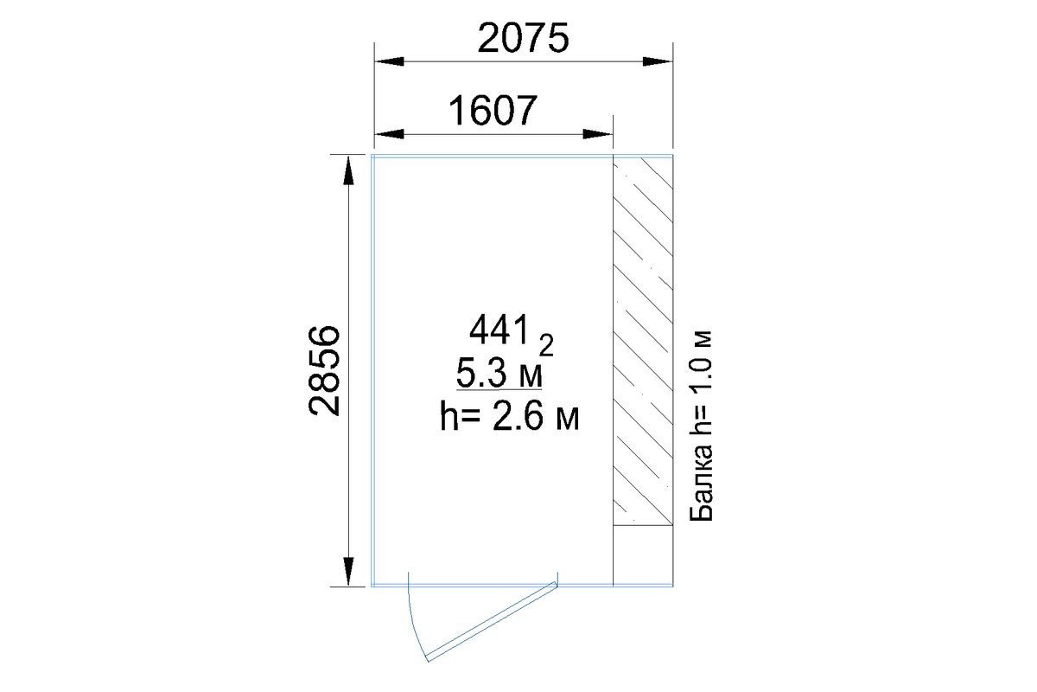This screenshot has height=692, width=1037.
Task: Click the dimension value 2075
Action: click(x=523, y=38)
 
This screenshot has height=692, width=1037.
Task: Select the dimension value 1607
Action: click(x=493, y=111)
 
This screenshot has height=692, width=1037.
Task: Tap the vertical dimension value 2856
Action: click(x=324, y=371)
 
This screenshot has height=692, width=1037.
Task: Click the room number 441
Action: click(x=499, y=330)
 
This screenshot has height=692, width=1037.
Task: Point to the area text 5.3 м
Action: click(x=499, y=374)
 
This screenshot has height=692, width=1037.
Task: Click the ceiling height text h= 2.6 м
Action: click(x=509, y=417)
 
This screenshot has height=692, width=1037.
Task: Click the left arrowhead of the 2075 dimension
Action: click(x=389, y=61)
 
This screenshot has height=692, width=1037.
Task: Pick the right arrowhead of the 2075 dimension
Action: click(x=658, y=61)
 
